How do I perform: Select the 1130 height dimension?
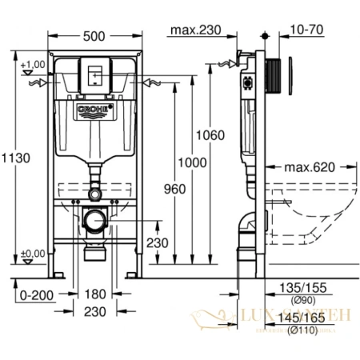14,158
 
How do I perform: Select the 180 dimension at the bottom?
94,295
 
